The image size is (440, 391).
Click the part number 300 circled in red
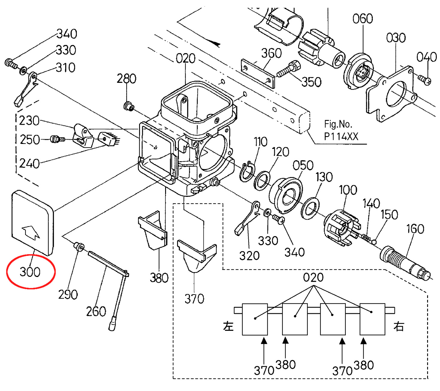[30, 272]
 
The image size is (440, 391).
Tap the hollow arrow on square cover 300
[31, 232]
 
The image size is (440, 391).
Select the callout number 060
[363, 19]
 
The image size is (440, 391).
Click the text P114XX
[341, 137]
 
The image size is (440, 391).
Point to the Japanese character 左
[228, 326]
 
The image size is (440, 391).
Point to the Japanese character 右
[398, 326]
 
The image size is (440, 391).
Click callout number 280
[127, 78]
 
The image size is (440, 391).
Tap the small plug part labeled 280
[129, 106]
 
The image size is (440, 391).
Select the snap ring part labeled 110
[247, 172]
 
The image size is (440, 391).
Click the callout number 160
[415, 229]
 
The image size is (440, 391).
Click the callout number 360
[271, 53]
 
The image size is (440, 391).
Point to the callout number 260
[96, 311]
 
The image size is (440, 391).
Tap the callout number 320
[249, 256]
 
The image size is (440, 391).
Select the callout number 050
[303, 165]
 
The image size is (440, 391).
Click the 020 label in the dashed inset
[313, 277]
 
